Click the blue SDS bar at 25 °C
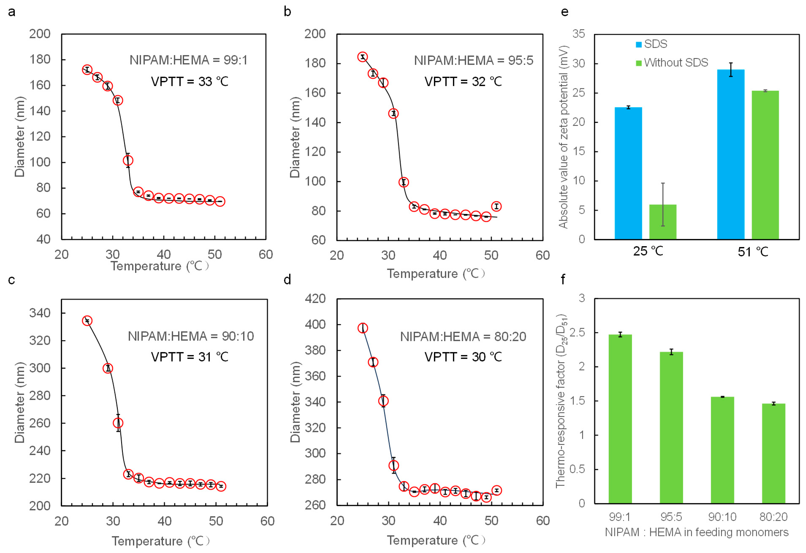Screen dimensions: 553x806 pos(628,174)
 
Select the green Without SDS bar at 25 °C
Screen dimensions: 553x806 pos(662,222)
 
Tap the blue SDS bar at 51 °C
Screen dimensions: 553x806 pos(730,154)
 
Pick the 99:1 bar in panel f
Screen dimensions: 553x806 pos(620,419)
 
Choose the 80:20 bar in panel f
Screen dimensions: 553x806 pos(773,453)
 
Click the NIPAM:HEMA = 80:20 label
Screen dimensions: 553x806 pos(463,337)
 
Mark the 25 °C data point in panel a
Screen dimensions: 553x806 pos(87,70)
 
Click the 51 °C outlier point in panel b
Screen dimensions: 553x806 pos(496,207)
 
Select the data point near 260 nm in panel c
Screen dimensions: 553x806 pos(118,423)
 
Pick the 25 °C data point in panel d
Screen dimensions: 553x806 pos(363,328)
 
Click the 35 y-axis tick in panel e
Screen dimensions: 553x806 pos(578,34)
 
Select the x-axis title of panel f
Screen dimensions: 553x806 pos(696,532)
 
